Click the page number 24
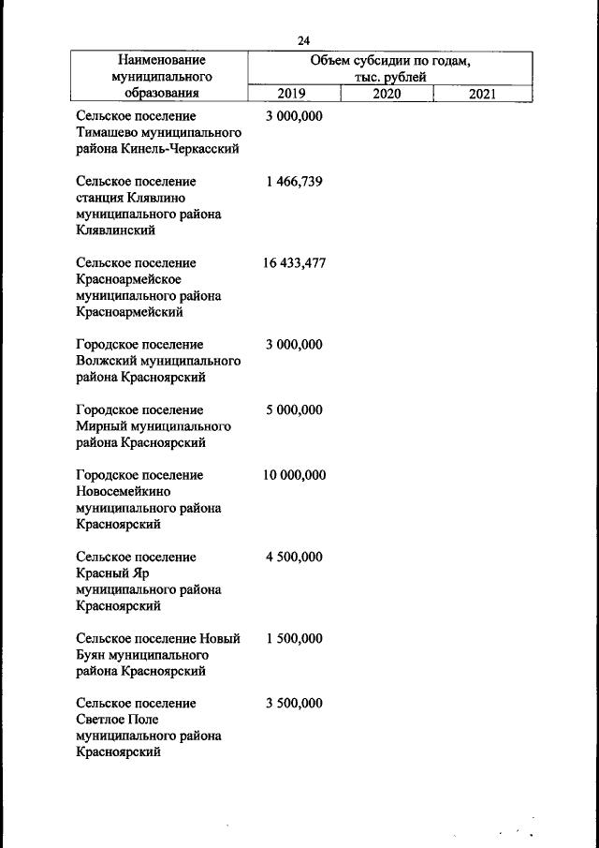[303, 40]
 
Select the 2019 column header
[294, 94]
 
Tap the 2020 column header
[387, 94]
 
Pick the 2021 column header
[483, 94]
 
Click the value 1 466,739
[294, 182]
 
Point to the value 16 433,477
[294, 263]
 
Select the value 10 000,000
[294, 475]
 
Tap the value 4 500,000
[294, 557]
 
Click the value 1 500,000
[294, 638]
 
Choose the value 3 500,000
[294, 703]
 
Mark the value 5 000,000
[294, 410]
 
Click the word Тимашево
[105, 132]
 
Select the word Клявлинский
[114, 231]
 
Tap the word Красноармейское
[128, 279]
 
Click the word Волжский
[104, 361]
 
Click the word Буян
[92, 655]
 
